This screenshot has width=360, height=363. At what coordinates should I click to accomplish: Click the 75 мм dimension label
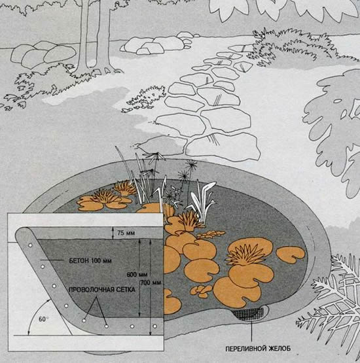pos(126,233)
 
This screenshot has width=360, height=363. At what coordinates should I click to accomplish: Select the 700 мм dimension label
pos(151,283)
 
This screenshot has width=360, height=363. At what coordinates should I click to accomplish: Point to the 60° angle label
pos(43,319)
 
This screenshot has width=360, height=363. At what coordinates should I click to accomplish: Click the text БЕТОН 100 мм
pos(90,261)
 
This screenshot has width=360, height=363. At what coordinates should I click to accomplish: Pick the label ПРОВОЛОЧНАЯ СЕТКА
pos(102,290)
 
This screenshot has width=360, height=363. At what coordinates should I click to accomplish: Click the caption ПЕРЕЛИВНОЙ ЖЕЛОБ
pos(258,349)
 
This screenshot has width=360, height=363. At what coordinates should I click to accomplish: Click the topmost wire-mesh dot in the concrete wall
pos(30,245)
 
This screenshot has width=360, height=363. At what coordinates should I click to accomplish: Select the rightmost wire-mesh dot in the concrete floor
pos(154,326)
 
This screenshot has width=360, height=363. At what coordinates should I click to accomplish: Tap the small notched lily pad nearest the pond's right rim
pos(291,254)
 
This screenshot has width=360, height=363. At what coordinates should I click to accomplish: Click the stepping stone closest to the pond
pos(223,147)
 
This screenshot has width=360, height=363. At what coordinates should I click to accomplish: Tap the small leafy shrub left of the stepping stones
pos(147,98)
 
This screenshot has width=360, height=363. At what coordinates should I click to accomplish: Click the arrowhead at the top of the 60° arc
pos(49,300)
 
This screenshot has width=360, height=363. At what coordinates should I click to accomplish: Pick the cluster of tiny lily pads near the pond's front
pos(201,291)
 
